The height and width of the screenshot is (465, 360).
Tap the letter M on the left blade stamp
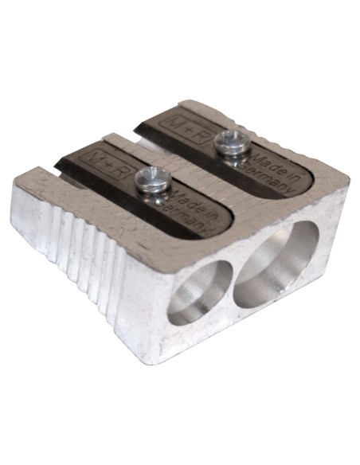click(97, 154)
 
